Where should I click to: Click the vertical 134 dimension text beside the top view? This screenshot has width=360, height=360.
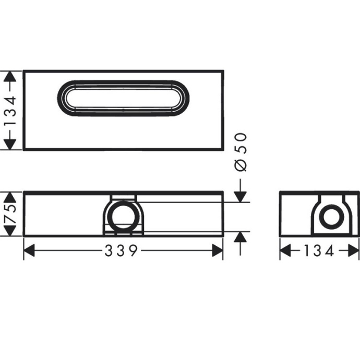[9, 111]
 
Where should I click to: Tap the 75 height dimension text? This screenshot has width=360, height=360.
[9, 214]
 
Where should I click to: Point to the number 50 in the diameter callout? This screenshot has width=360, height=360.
[241, 143]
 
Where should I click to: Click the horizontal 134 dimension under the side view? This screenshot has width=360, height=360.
[319, 251]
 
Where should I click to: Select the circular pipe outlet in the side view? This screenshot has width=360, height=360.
[330, 217]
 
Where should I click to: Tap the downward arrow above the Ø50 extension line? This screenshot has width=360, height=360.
[241, 195]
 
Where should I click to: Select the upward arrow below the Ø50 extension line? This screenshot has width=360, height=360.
[241, 238]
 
